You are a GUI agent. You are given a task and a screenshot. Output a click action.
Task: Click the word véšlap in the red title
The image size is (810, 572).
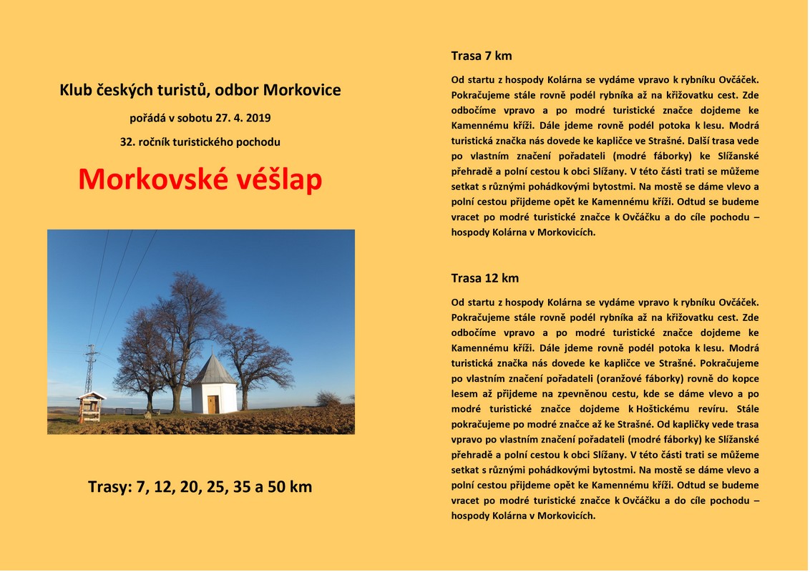coord(279,180)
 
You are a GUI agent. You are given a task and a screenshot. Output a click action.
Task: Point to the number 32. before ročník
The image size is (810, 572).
coord(128,142)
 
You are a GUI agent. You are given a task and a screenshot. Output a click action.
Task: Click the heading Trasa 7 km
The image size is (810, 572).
coord(481,56)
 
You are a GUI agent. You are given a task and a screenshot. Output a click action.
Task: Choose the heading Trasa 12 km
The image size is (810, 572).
coord(484,278)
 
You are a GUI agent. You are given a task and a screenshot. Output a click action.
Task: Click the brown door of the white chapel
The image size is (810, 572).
coord(213,405)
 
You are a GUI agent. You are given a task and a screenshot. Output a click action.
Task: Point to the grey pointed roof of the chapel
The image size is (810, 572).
coord(213,369)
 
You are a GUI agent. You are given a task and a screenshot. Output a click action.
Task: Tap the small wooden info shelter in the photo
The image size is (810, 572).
coord(91,406)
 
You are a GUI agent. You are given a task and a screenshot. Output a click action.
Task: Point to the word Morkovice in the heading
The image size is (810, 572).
coord(302,91)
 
